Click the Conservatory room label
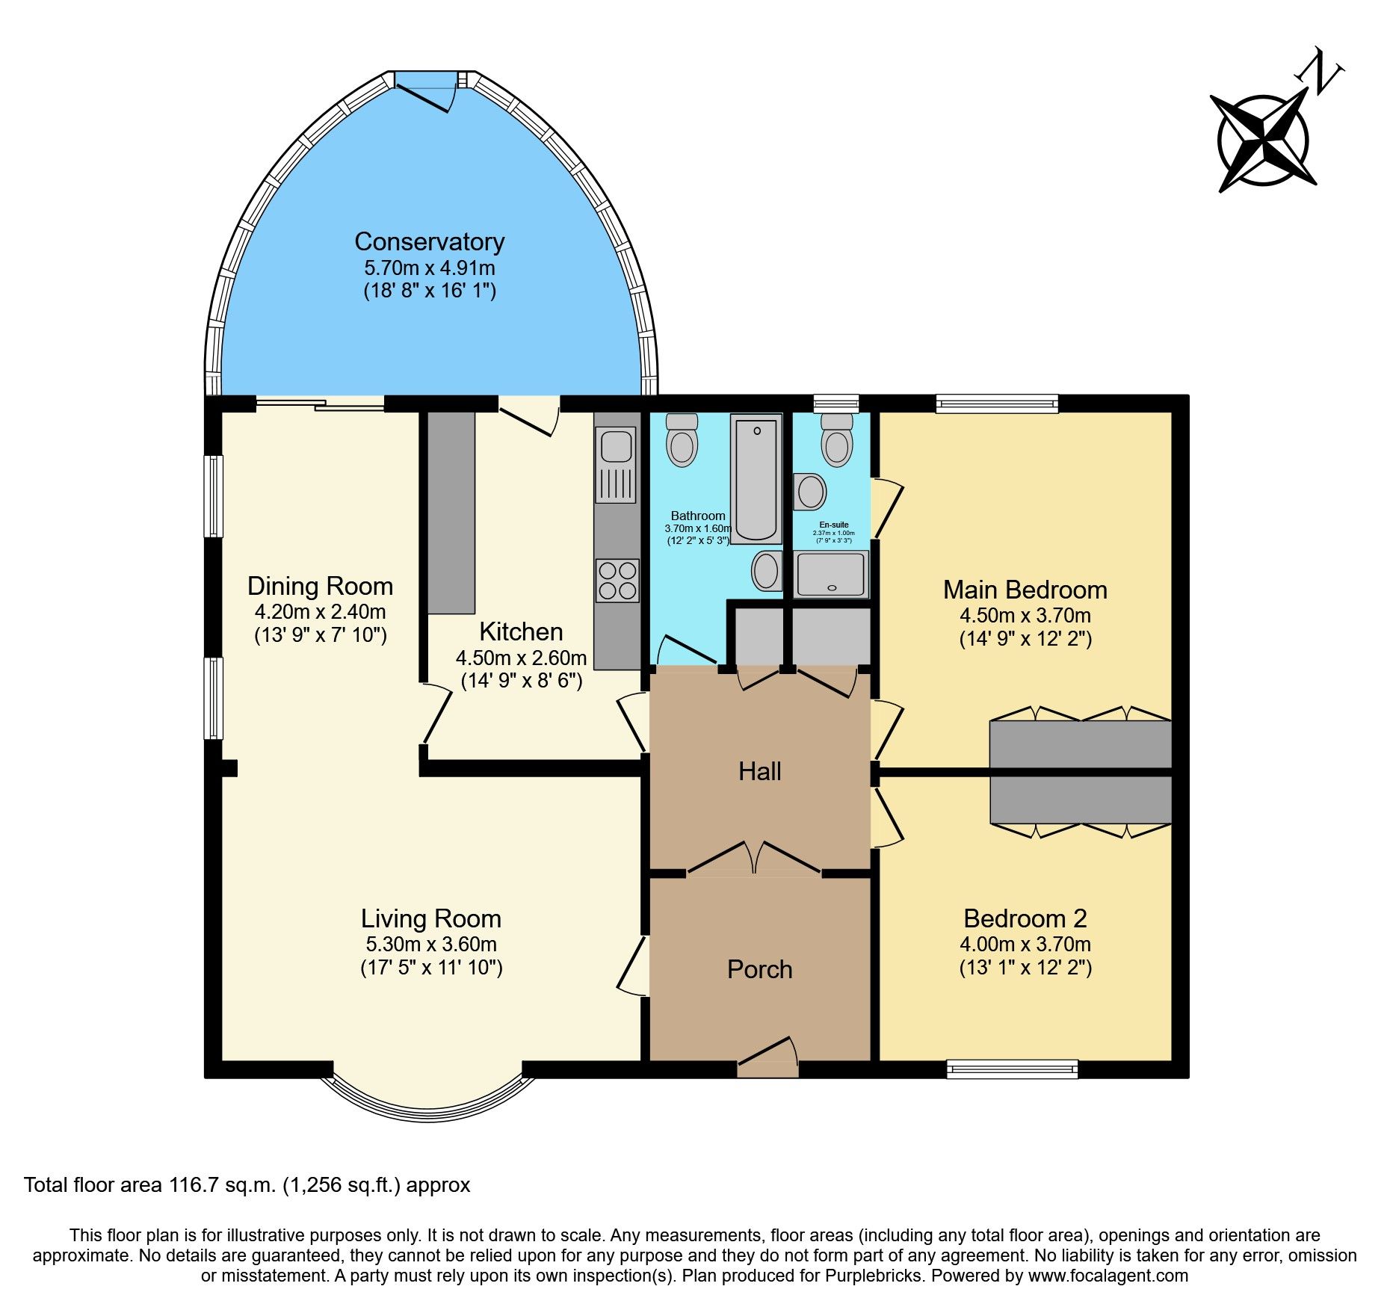tap(429, 242)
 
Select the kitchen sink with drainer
tap(616, 464)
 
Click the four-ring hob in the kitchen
tap(617, 581)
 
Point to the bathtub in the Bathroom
tap(756, 478)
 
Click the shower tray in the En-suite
tap(831, 575)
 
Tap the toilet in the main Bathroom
tap(682, 440)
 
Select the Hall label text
tap(759, 771)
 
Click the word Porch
tap(759, 969)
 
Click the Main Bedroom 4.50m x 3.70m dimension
tap(1025, 616)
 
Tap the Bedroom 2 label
tap(1025, 918)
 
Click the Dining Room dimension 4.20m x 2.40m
tap(320, 612)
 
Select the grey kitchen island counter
tap(451, 513)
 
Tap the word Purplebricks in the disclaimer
tap(873, 1276)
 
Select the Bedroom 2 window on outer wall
tap(1012, 1069)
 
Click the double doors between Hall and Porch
tap(754, 860)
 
